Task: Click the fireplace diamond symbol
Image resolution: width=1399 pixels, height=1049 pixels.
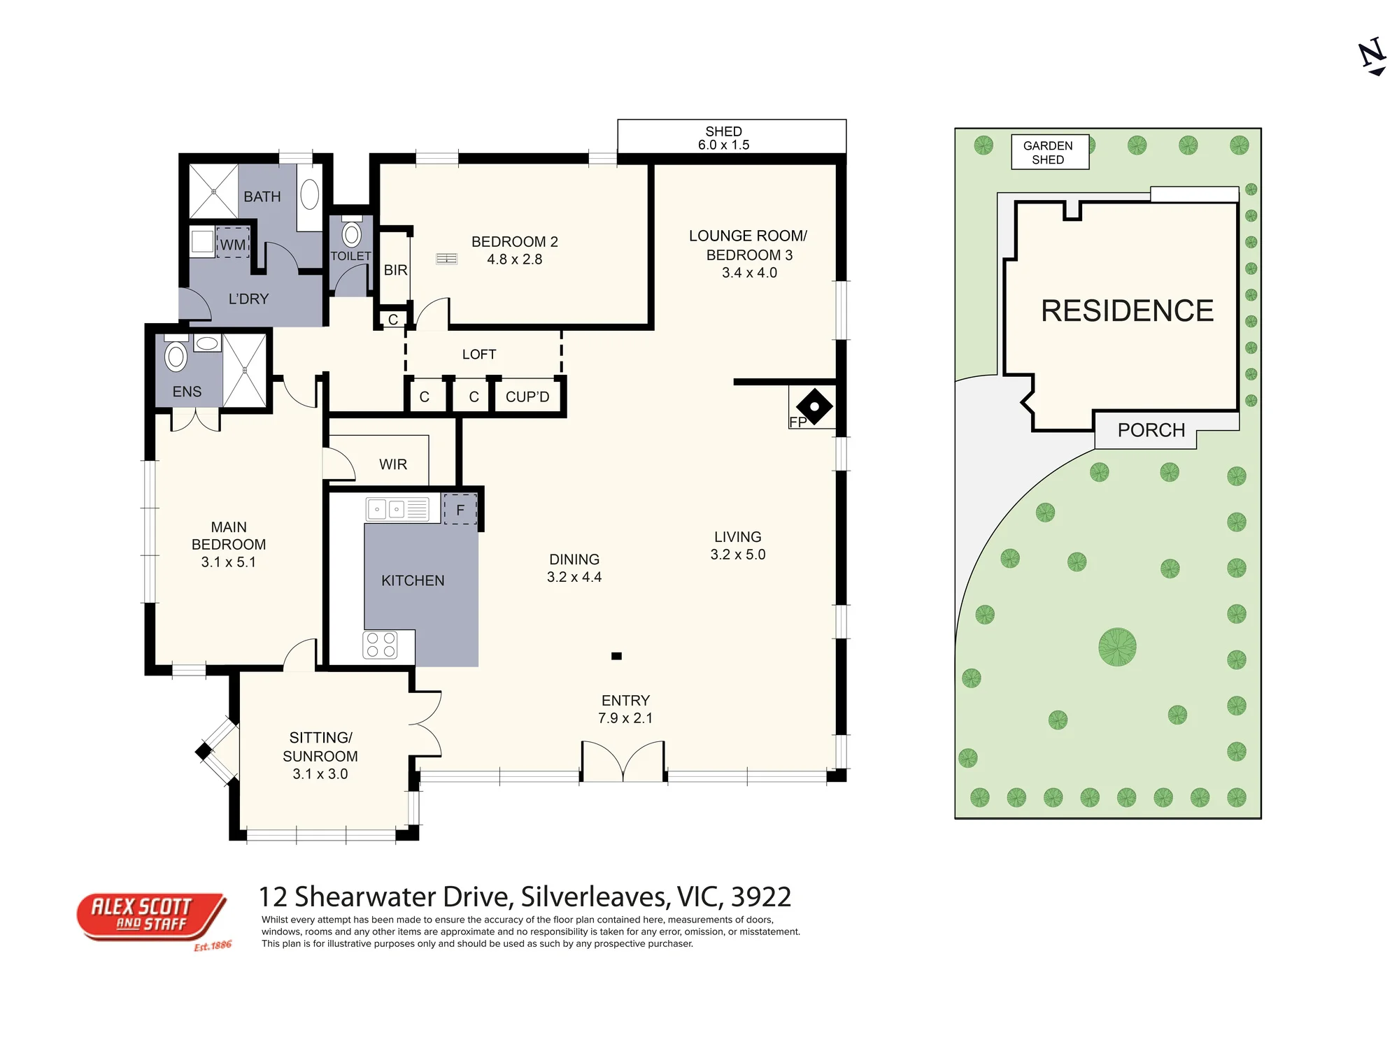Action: [814, 406]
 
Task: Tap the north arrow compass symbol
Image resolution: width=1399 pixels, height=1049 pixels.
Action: [1373, 57]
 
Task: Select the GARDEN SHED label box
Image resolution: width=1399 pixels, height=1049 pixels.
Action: [1050, 152]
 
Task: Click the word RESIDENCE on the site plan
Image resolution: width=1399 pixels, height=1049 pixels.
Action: [1127, 311]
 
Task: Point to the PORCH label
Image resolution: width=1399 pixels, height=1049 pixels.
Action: [1151, 430]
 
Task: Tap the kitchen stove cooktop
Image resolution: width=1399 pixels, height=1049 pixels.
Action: [381, 645]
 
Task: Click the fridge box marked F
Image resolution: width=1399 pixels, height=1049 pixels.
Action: [460, 510]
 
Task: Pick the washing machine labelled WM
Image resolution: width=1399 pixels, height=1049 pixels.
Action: [233, 243]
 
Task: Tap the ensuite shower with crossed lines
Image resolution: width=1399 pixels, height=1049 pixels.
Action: [245, 370]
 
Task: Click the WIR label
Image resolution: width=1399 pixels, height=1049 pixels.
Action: [393, 464]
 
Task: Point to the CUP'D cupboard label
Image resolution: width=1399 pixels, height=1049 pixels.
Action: [527, 397]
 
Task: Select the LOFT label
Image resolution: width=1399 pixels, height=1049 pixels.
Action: [479, 355]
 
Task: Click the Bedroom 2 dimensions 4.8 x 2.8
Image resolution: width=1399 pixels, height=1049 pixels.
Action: [515, 259]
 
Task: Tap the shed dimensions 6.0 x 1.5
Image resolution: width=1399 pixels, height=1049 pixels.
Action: [724, 145]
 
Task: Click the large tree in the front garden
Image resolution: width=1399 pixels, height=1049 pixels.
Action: [1117, 647]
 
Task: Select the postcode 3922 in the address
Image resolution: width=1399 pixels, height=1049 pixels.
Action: [761, 897]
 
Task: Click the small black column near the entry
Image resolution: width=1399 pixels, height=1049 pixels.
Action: [616, 656]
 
